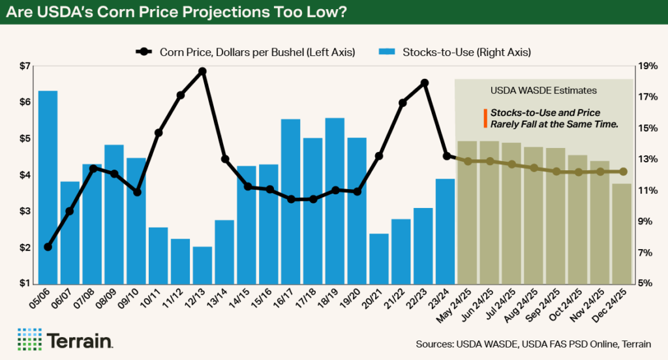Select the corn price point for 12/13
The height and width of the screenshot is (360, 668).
click(x=202, y=71)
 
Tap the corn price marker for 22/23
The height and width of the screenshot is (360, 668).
click(x=425, y=83)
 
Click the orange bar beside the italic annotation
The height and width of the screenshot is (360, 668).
click(x=485, y=118)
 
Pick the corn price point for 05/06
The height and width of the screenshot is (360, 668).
click(x=48, y=247)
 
